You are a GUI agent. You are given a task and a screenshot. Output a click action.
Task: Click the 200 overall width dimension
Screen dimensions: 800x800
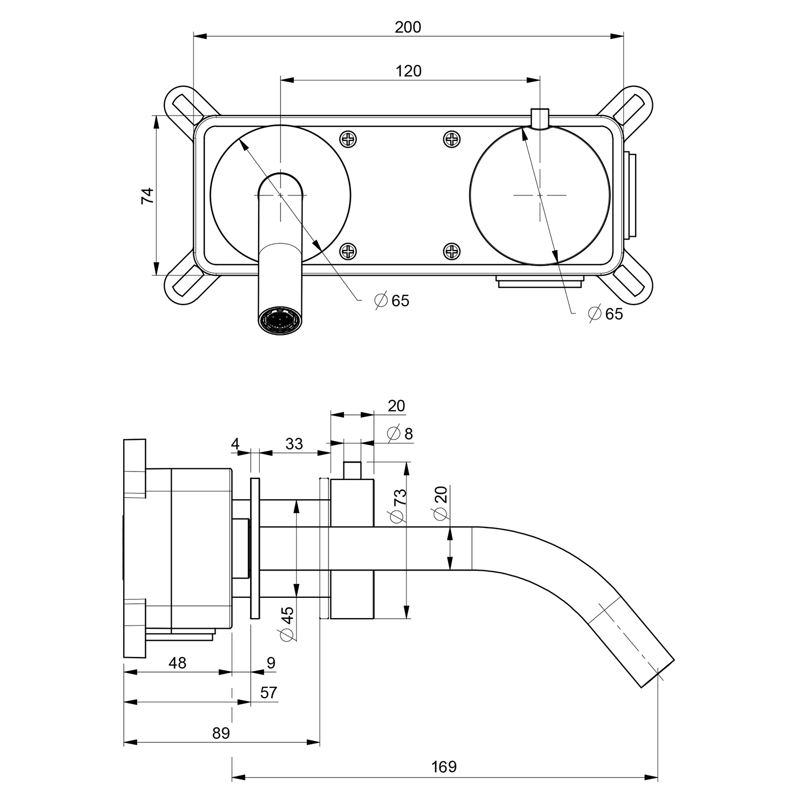point(408,27)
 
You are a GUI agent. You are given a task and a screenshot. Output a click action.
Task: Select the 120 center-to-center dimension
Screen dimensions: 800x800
point(409,70)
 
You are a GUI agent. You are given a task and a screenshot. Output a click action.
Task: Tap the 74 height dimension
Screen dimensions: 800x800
point(147,196)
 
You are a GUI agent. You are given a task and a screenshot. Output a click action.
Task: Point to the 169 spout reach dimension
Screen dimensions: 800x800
point(444,767)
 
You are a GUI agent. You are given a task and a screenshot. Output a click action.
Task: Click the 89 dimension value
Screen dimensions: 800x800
point(221,733)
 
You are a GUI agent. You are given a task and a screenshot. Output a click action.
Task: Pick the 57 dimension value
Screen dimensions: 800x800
point(269,692)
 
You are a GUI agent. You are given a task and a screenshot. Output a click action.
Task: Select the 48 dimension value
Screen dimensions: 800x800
point(178,663)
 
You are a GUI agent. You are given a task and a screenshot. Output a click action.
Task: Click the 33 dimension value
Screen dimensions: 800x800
point(294,444)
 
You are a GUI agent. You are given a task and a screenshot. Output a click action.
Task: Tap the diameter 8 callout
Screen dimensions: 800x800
point(401,433)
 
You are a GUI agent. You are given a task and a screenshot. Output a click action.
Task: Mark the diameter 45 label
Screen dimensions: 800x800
point(287,623)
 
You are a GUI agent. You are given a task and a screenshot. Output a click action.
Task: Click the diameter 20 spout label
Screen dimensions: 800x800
point(441,503)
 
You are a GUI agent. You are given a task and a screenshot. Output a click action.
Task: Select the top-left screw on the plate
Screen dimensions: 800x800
point(348,140)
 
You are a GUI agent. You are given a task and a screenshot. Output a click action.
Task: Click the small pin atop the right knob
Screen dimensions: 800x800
point(540,118)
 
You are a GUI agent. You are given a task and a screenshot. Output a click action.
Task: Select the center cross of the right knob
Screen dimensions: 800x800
point(540,196)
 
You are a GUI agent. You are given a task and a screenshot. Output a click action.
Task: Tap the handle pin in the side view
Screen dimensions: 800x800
point(352,470)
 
